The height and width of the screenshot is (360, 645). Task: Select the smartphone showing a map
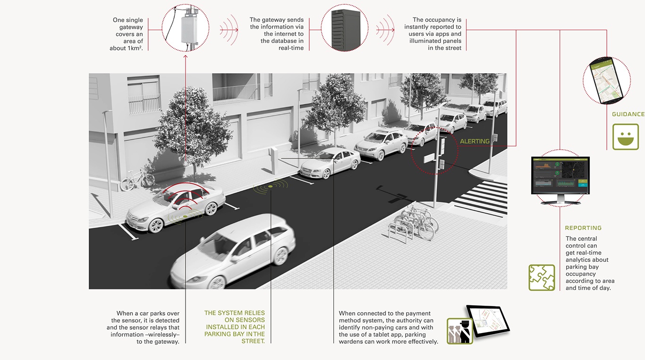point(606,80)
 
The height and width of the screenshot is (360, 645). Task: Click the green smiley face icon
point(625,137)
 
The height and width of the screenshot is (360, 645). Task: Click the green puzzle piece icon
point(542,277)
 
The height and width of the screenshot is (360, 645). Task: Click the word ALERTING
point(475,141)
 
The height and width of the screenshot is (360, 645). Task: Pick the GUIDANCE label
point(628,114)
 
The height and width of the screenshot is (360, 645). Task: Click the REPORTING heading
point(583,228)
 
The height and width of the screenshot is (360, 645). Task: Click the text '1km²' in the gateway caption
point(133,48)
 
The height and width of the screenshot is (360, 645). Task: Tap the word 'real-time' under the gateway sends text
point(291,48)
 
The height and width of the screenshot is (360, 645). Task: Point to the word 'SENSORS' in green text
point(250,320)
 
